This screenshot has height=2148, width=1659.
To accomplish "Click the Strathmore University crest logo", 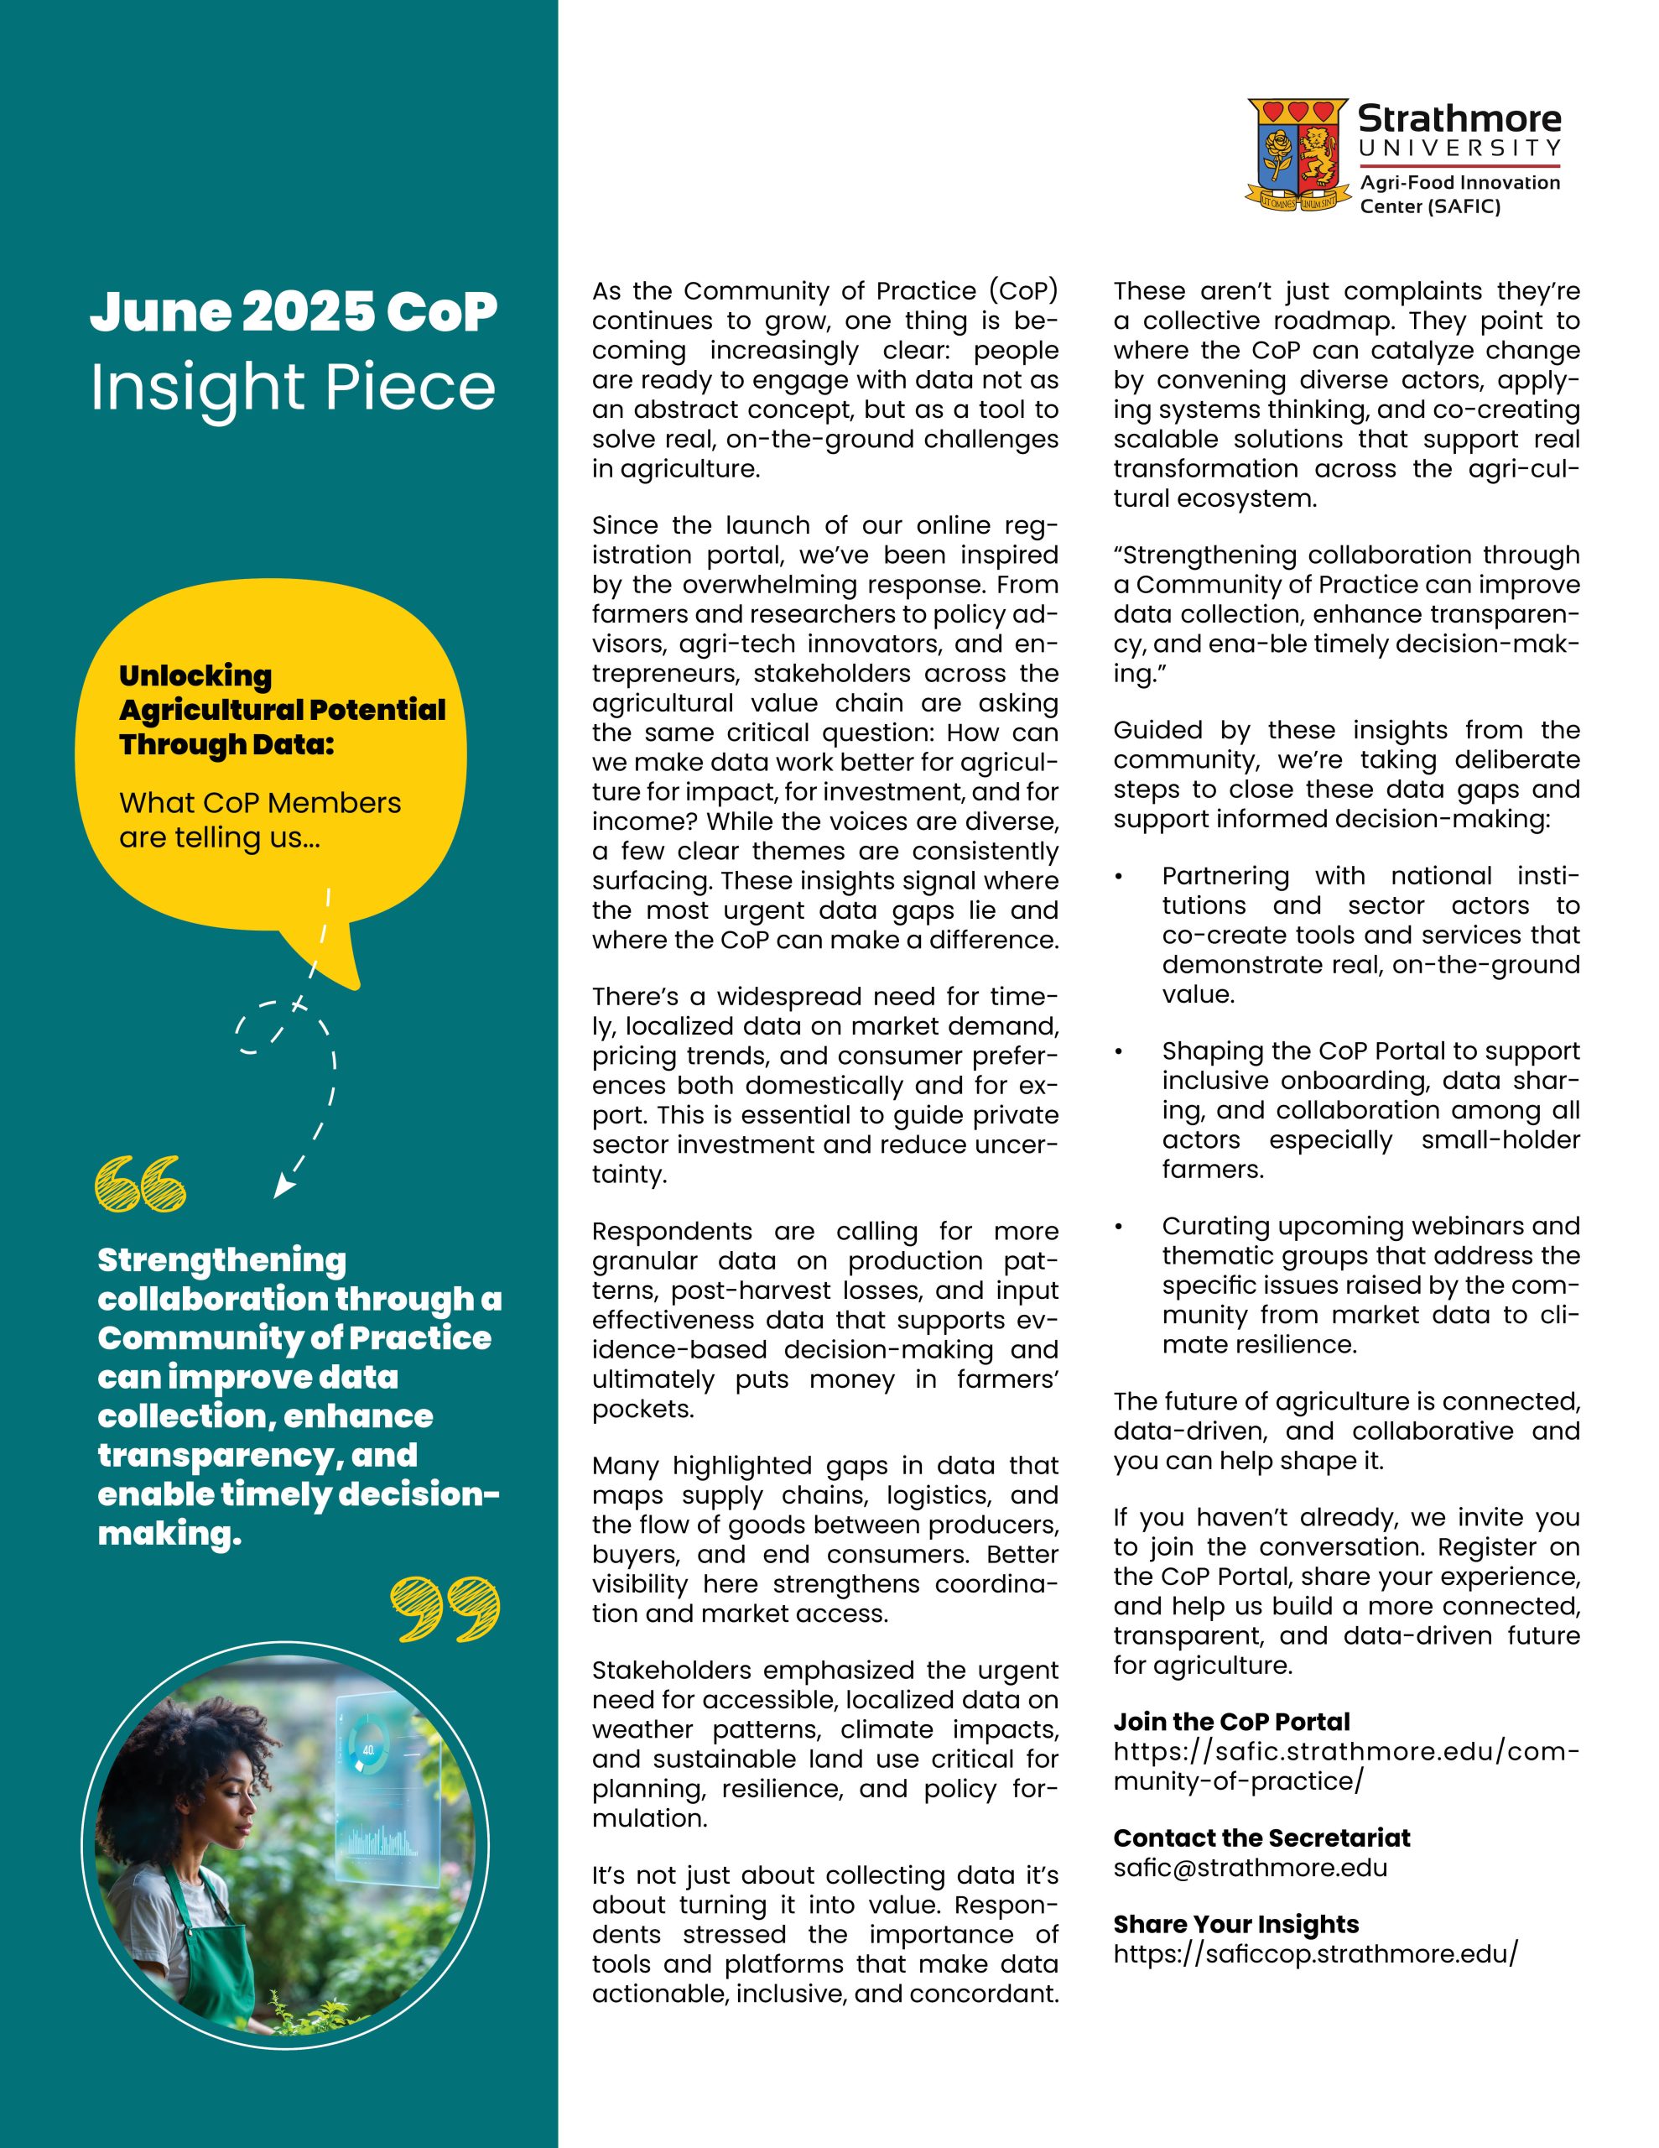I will pyautogui.click(x=1296, y=154).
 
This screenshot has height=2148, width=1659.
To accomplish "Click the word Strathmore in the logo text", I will pyautogui.click(x=1459, y=119).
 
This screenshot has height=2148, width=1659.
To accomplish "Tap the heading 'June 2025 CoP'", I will pyautogui.click(x=293, y=312).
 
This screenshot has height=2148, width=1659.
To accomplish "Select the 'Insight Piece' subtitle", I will pyautogui.click(x=293, y=387).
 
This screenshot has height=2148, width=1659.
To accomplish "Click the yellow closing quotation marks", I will pyautogui.click(x=445, y=1609).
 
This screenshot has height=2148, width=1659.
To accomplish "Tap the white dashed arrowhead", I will pyautogui.click(x=283, y=1187).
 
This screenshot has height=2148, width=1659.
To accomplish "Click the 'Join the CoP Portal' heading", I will pyautogui.click(x=1231, y=1721).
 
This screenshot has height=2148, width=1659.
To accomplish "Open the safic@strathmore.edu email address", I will pyautogui.click(x=1250, y=1868).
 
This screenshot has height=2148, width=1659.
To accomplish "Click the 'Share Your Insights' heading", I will pyautogui.click(x=1235, y=1925).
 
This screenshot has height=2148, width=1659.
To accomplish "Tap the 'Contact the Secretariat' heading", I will pyautogui.click(x=1261, y=1838).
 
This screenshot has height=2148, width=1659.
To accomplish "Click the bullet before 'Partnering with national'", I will pyautogui.click(x=1118, y=876).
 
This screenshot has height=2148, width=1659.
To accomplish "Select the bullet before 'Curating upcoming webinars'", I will pyautogui.click(x=1118, y=1227).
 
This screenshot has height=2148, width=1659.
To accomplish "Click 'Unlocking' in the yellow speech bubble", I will pyautogui.click(x=195, y=675).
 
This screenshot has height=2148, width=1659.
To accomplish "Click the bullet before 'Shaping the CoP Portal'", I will pyautogui.click(x=1118, y=1051).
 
